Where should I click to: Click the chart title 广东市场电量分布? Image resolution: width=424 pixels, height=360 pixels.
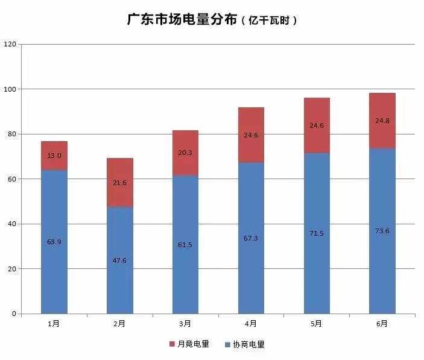[181, 19]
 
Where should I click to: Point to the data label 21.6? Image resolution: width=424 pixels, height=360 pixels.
[119, 182]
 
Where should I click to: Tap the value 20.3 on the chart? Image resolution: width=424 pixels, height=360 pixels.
[185, 153]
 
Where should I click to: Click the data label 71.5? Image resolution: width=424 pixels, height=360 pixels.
[317, 233]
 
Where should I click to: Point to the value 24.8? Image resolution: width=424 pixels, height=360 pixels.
[382, 121]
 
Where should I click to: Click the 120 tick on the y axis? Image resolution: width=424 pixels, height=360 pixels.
[10, 44]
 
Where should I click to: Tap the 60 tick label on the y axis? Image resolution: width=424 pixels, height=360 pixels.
[12, 179]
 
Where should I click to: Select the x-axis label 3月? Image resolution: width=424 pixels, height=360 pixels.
[185, 324]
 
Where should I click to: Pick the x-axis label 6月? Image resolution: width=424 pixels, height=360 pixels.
[382, 324]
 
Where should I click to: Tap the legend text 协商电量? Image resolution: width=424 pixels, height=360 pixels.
[248, 345]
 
